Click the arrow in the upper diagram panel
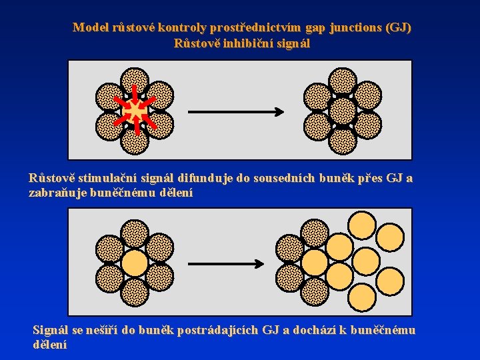click(x=237, y=111)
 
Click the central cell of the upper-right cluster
click(x=343, y=111)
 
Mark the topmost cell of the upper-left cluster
click(x=135, y=81)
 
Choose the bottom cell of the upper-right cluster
click(x=343, y=141)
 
